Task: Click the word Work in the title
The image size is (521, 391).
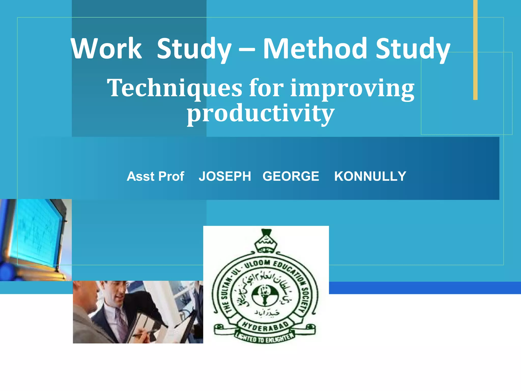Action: point(106,48)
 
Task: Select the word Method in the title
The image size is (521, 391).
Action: point(315,48)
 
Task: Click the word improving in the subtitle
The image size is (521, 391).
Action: point(352,89)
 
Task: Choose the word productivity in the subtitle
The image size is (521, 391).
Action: point(260,114)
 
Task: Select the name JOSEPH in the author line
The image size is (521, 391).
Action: point(225,176)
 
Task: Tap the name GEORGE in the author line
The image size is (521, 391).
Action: point(291,176)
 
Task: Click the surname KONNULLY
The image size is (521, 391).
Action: point(370,176)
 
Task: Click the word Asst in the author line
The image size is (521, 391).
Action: point(141,176)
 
